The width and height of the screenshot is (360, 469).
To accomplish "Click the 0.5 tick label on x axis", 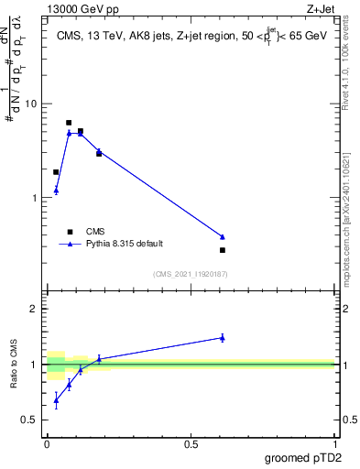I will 191,443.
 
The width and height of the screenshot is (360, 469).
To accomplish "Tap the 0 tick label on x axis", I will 47,443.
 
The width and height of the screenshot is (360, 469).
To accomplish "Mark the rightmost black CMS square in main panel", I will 223,250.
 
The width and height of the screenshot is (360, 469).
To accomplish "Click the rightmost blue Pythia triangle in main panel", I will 223,236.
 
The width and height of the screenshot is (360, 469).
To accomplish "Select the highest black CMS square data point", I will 69,123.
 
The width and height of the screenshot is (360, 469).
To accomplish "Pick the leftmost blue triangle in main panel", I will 56,191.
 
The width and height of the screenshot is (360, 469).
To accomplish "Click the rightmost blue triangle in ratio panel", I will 223,337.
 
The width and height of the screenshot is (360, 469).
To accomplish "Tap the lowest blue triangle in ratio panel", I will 56,400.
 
